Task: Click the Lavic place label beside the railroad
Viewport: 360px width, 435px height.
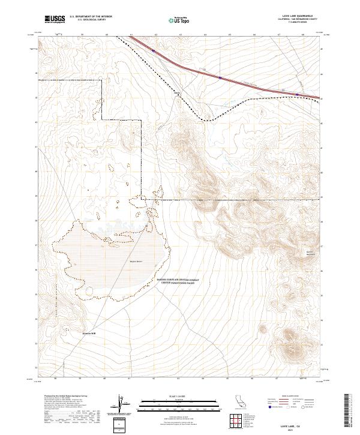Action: pos(177,93)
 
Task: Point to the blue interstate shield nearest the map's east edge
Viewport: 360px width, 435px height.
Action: pos(299,94)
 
